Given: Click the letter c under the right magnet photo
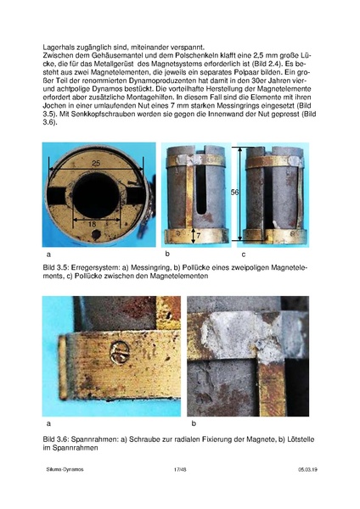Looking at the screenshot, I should coord(244,254).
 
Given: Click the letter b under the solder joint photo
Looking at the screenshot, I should coord(194,422).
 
